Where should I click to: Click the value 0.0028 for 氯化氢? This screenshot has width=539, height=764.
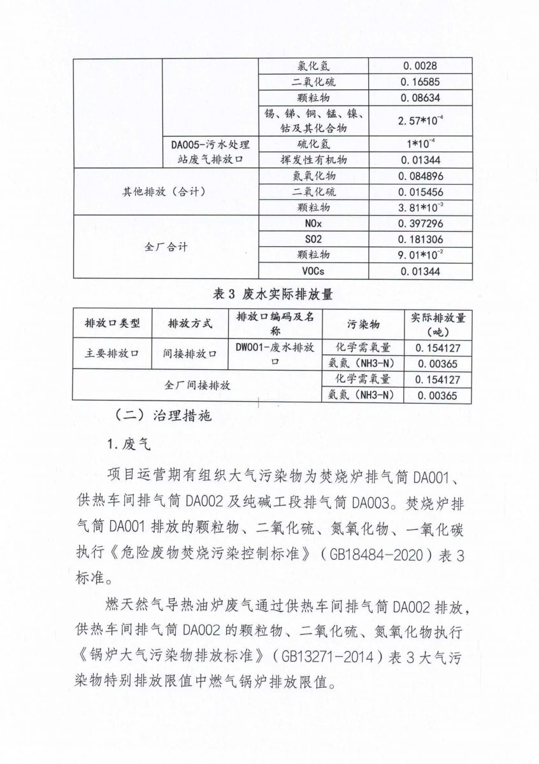tap(420, 66)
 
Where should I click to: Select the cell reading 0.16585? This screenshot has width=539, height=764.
tap(420, 82)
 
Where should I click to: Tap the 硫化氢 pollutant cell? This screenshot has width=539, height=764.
tap(313, 145)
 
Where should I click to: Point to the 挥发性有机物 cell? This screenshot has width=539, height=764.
tap(313, 160)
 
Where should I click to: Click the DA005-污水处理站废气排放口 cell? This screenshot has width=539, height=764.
tap(210, 152)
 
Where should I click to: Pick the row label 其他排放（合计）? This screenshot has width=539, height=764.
tap(164, 192)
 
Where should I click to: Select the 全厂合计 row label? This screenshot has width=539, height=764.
tap(165, 248)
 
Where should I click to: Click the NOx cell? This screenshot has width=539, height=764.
tap(313, 223)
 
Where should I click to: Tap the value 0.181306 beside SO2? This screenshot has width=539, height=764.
tap(420, 239)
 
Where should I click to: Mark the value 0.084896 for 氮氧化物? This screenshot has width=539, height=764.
tap(420, 176)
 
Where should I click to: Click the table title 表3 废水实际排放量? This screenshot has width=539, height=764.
tap(272, 294)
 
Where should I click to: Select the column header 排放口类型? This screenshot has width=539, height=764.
tap(112, 323)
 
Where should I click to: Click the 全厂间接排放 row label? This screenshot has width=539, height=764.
tap(198, 386)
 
